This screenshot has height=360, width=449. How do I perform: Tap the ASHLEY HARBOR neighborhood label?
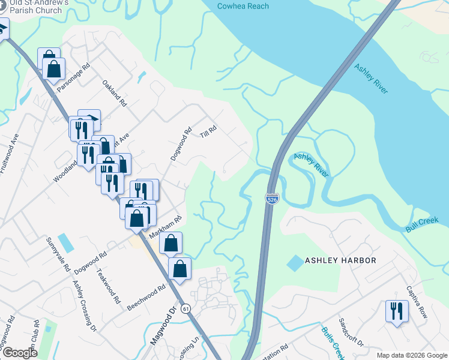coord(340,260)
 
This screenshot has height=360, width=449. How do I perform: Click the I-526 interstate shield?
coord(272,199)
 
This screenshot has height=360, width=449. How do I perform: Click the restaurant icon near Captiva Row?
coord(396,311)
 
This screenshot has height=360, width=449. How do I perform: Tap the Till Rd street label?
coord(208,132)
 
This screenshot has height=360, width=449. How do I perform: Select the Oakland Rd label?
coord(115,94)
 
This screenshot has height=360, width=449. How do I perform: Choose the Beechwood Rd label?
coord(146,298)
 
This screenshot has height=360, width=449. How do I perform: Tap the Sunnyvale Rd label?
coord(59,254)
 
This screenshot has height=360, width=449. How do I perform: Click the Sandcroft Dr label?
coord(352,333)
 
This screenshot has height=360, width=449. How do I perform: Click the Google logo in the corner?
coord(20,353)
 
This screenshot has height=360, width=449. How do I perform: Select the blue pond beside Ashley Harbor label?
coord(295,262)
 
